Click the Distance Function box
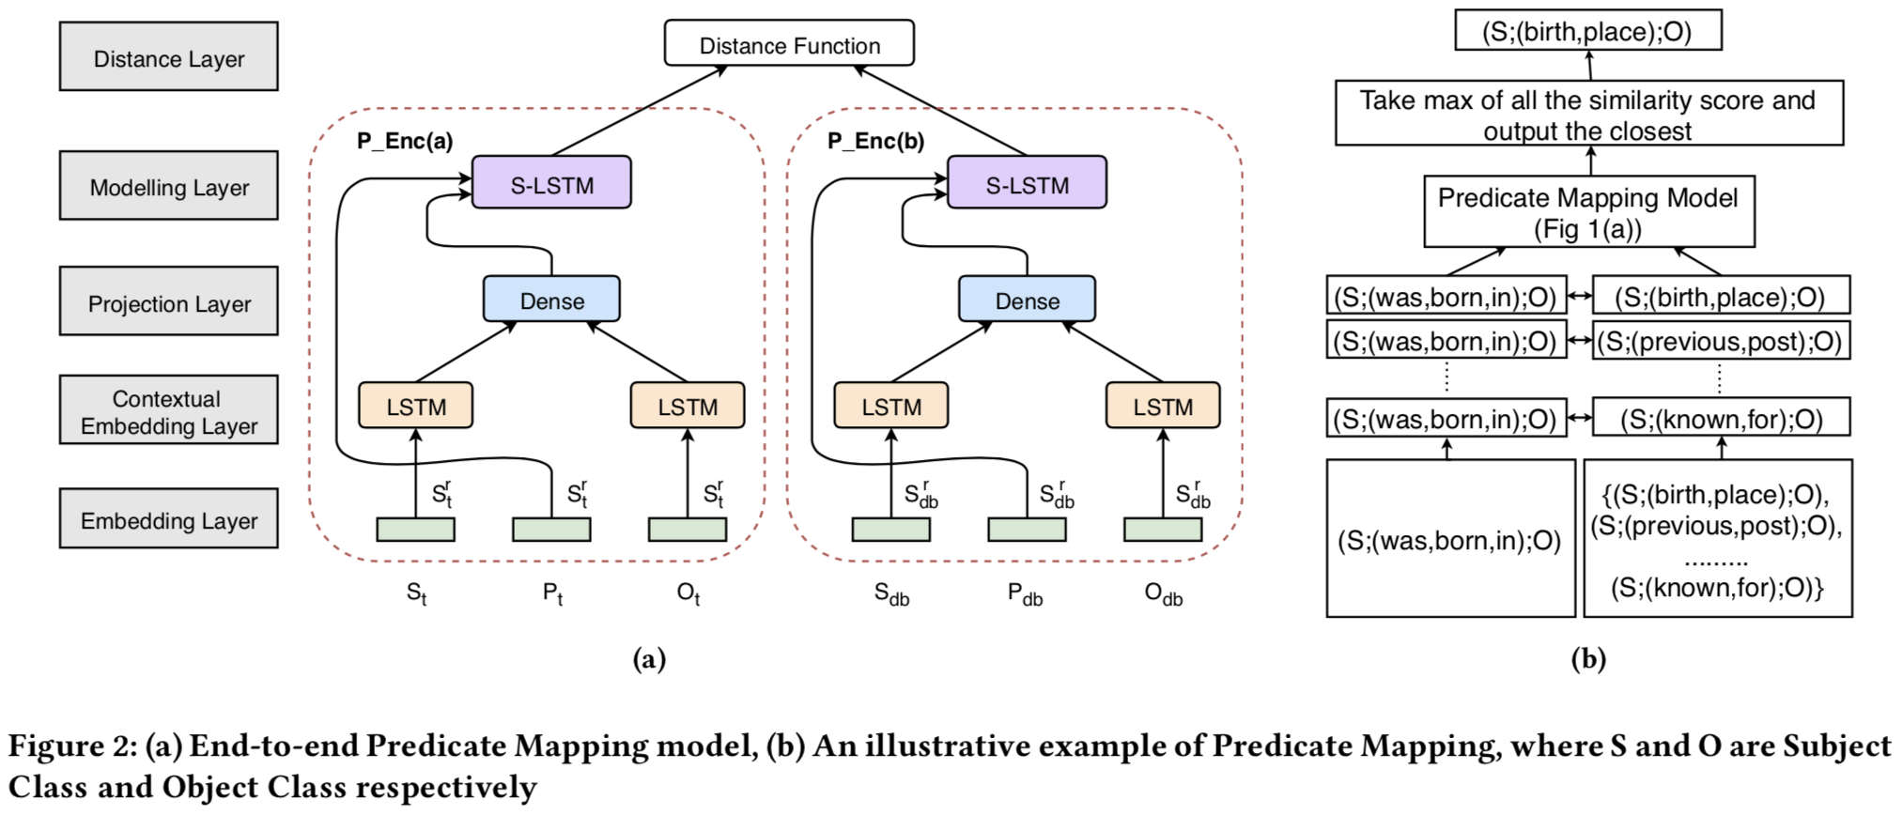tap(789, 44)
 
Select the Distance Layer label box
tap(169, 58)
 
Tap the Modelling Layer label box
tap(169, 187)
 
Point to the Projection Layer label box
tap(169, 302)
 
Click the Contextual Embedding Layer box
tap(169, 411)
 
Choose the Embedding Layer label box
tap(169, 519)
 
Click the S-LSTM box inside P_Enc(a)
tap(551, 184)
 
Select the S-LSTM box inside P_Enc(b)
tap(1027, 184)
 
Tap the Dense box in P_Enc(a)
tap(551, 300)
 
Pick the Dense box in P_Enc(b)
tap(1027, 300)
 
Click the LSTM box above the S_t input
tap(416, 407)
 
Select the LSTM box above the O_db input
tap(1163, 407)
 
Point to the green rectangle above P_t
tap(551, 530)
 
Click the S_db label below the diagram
tap(891, 594)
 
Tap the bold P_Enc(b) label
tap(875, 141)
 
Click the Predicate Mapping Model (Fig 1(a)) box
tap(1588, 212)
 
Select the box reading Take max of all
tap(1588, 114)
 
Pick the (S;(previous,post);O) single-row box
tap(1722, 341)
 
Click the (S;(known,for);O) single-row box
tap(1722, 419)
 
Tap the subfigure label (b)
tap(1588, 659)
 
